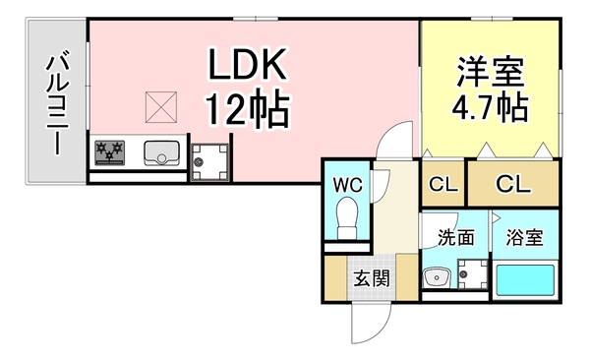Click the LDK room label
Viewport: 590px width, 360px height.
247,66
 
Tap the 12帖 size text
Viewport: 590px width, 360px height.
247,108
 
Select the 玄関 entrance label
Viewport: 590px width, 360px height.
371,278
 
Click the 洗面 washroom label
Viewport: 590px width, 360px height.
456,238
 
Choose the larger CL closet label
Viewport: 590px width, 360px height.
511,183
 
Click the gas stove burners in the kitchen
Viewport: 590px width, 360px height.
111,152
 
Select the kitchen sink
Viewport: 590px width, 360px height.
160,153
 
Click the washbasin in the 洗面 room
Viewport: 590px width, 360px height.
434,278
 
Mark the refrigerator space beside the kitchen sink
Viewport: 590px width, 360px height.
207,158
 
